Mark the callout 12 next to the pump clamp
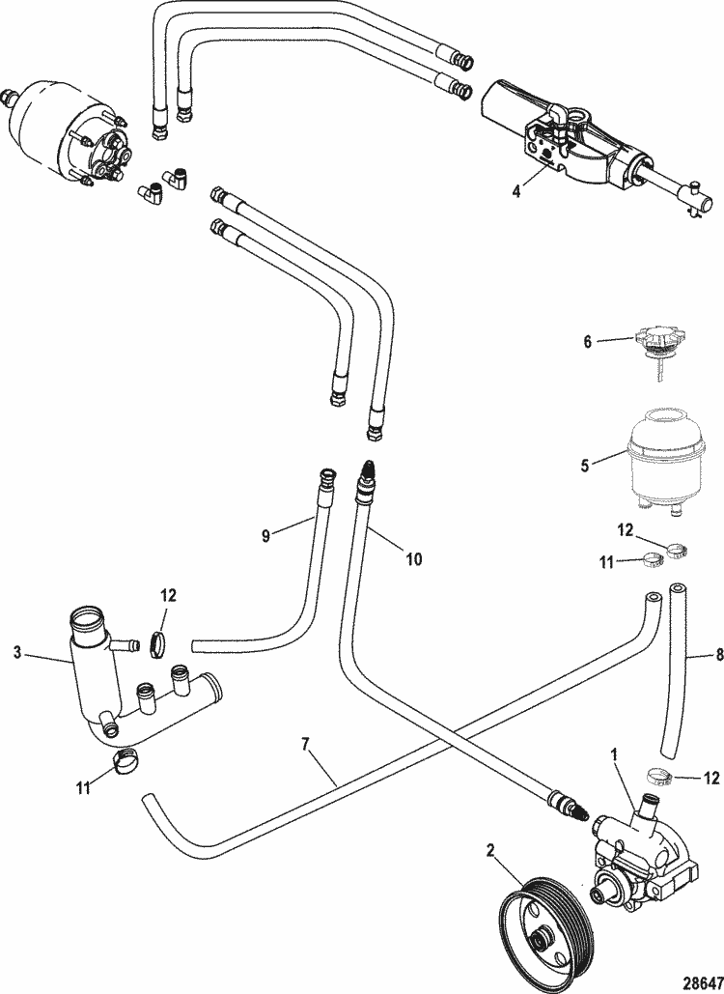[712, 777]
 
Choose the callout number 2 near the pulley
[491, 850]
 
